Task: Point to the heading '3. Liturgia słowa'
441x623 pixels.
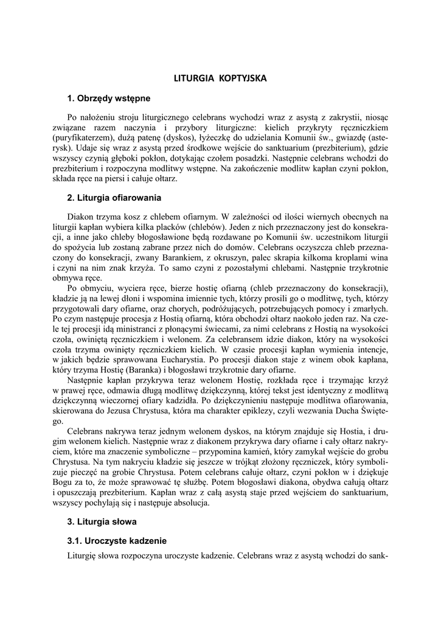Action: coord(102,521)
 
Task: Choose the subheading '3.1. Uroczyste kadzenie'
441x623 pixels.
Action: coord(117,540)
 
